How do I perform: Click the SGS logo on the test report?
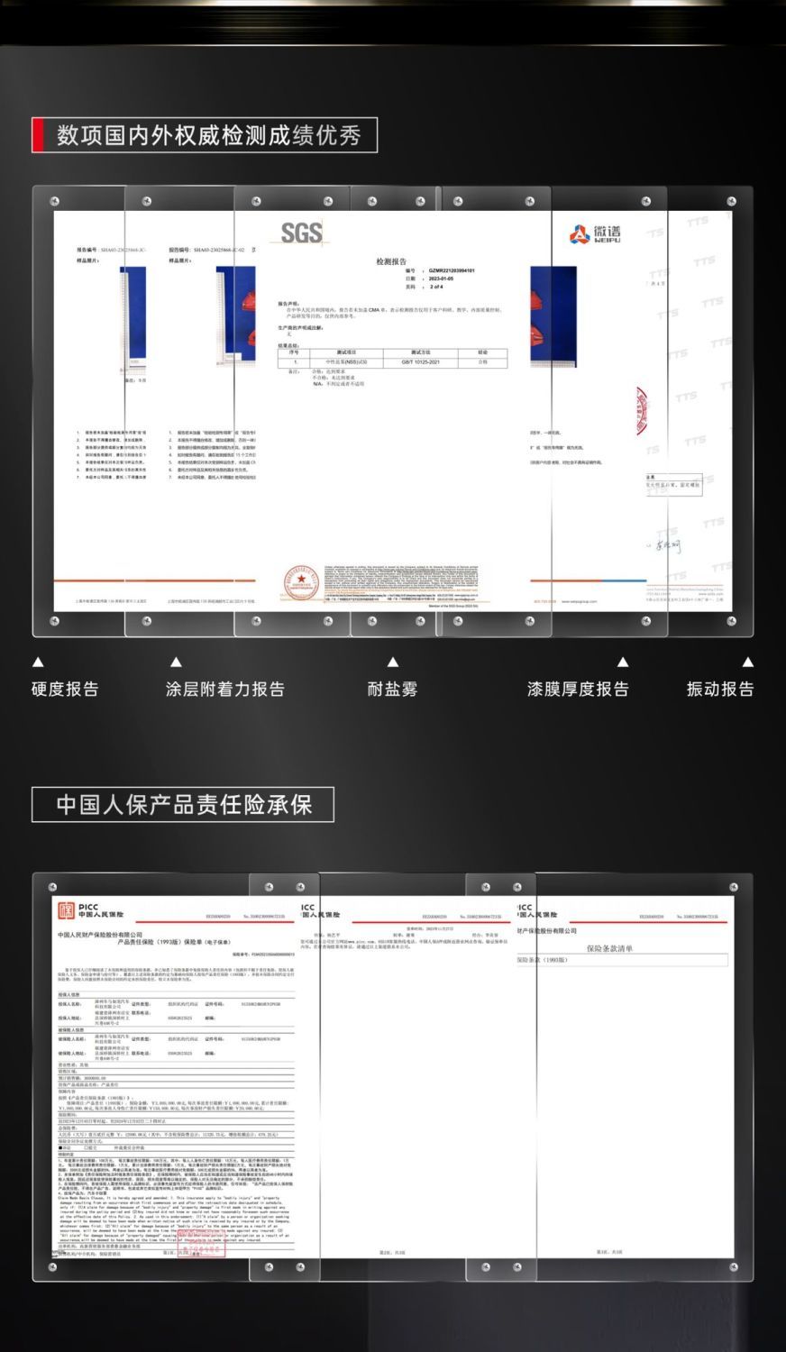(301, 232)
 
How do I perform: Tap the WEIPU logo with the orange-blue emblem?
(595, 233)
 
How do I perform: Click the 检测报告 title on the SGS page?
(392, 261)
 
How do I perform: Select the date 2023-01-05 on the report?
(441, 279)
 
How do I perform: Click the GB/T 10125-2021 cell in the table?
(420, 361)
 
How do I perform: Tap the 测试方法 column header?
(420, 352)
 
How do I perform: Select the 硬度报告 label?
(65, 690)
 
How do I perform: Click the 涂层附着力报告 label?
(225, 690)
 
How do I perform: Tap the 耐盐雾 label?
(393, 690)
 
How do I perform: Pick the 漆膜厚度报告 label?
(578, 690)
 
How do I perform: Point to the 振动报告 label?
(720, 690)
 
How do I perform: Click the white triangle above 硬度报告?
(38, 662)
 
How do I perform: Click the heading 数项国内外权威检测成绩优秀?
(209, 135)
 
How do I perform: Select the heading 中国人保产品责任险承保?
(184, 804)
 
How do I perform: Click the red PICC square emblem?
(67, 910)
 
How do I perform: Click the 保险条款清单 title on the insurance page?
(610, 948)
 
